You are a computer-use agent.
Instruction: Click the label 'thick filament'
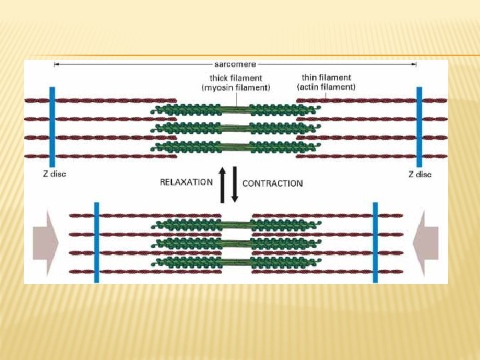coord(235,79)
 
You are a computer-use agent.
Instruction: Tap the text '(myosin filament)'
coord(235,88)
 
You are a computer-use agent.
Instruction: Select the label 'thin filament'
coord(326,78)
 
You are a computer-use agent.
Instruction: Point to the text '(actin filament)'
coord(326,87)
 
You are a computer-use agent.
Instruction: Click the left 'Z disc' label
coord(50,174)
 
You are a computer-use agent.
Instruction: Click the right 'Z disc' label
coord(419,174)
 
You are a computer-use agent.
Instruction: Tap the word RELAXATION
coord(186,182)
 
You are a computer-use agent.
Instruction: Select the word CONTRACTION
coord(273,183)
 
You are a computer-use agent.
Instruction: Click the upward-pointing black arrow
coord(223,184)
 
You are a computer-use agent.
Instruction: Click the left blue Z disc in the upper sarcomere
coord(52,127)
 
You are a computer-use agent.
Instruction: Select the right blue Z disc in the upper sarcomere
coord(419,127)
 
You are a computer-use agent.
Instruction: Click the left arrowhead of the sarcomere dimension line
coord(56,65)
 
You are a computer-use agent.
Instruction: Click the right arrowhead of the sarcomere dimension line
coord(415,65)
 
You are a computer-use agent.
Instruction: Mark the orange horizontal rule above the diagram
coord(240,55)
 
